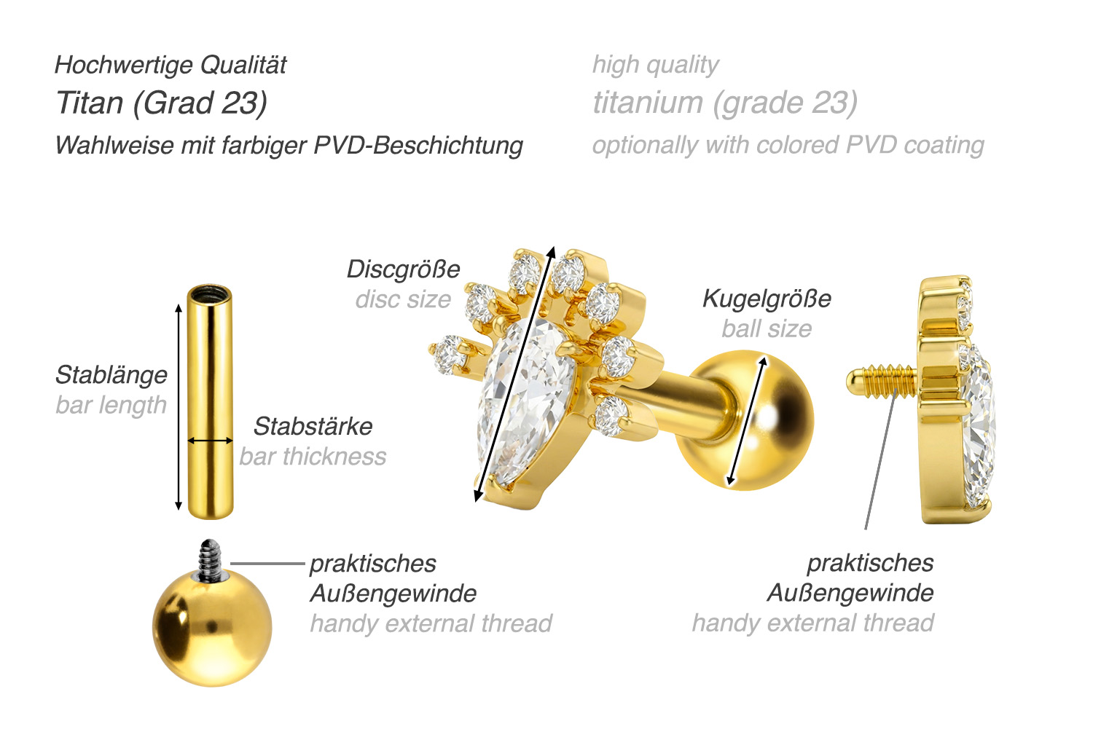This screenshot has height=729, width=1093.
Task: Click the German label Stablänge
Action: [111, 376]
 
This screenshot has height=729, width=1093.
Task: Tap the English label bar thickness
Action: [313, 457]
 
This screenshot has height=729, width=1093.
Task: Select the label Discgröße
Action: [404, 269]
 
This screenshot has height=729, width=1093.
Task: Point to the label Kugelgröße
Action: [767, 299]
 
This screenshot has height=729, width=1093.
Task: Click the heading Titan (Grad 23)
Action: [162, 103]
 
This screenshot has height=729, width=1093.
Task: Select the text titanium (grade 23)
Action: [725, 103]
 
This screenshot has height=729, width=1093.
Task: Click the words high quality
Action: [655, 65]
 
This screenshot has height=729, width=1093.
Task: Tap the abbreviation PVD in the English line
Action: [871, 145]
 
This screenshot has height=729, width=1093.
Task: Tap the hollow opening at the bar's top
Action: [210, 295]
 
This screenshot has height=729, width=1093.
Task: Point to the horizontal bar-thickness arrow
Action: [211, 441]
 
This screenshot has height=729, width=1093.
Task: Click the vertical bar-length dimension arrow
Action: [179, 407]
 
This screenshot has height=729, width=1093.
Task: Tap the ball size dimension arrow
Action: [747, 420]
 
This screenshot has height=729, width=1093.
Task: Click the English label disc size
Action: [403, 299]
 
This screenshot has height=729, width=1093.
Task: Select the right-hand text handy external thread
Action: [812, 623]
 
